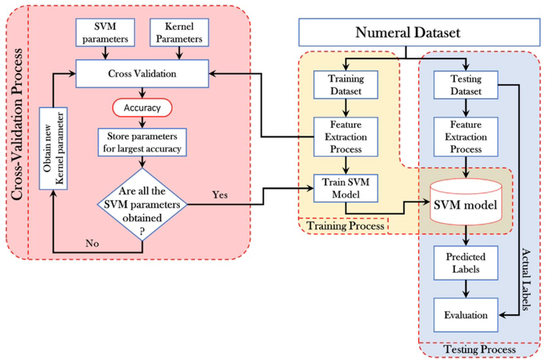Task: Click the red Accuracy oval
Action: click(142, 107)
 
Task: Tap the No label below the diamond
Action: click(91, 243)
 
